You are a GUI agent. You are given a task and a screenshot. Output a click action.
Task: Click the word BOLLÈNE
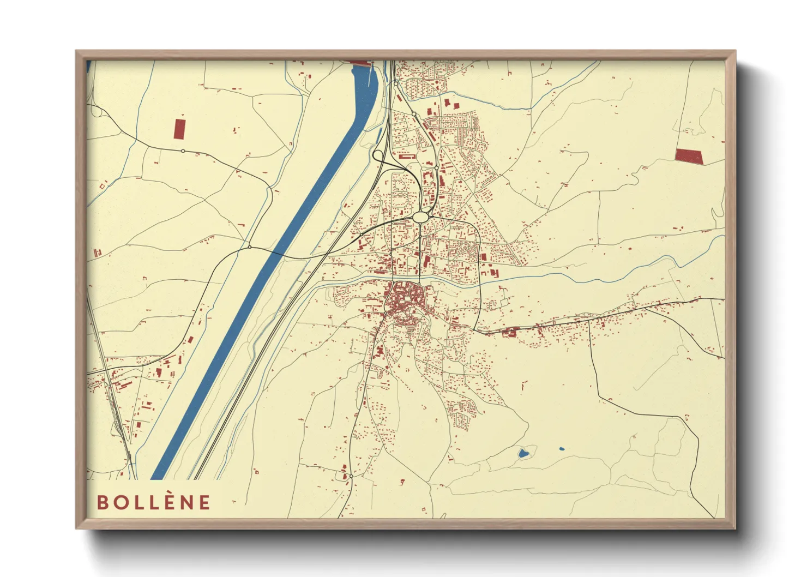pos(154,502)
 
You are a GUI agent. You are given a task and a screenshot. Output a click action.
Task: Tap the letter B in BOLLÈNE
pos(102,502)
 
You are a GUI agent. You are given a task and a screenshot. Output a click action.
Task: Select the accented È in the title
pos(167,502)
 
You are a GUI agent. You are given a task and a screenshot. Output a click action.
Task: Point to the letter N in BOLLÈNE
pos(186,502)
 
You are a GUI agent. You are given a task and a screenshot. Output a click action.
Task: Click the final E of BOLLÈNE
pos(204,502)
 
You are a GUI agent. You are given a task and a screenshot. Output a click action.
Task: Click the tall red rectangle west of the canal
pos(179,129)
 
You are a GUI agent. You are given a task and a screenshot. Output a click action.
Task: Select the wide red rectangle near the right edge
pos(689,156)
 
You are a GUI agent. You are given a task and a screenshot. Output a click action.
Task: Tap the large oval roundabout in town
pos(420,217)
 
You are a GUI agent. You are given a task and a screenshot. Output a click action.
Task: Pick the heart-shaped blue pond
pos(523,453)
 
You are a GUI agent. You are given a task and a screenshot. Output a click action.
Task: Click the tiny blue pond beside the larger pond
pos(562,449)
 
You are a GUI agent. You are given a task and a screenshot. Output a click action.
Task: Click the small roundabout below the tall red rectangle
pos(183,151)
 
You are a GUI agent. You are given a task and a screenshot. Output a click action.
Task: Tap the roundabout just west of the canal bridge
pos(249,247)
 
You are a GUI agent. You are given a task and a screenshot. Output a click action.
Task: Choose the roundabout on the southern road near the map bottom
pos(351,476)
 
